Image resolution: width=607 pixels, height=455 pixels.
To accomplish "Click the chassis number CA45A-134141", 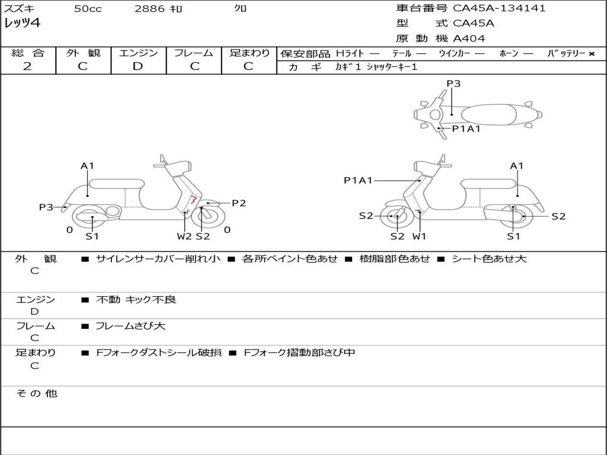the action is [499, 8].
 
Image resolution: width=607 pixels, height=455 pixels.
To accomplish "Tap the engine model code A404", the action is [469, 39].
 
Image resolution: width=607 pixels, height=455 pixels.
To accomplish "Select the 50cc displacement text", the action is [88, 9].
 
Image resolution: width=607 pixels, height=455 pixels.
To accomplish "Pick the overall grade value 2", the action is [27, 66].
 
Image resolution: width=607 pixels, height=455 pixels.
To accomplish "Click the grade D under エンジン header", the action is [138, 66].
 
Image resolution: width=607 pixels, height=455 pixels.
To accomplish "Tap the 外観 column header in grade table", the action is [83, 53].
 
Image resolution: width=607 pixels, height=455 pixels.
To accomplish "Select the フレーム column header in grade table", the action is [194, 53].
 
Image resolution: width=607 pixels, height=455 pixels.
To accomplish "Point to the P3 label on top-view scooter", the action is [453, 84].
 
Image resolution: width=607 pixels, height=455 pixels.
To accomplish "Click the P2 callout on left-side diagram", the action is [238, 203].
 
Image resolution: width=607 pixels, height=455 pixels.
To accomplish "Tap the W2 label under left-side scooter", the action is [184, 236].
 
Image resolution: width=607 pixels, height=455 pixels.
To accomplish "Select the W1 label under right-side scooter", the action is [420, 236].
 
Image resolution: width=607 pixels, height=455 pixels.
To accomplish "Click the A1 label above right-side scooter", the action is [517, 166].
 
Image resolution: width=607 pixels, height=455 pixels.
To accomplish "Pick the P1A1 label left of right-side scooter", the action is [358, 180].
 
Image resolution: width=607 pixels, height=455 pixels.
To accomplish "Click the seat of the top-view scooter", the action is [492, 114].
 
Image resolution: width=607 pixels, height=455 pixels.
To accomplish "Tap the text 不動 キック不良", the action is [136, 300].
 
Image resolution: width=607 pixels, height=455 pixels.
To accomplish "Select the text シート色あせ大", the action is [489, 259].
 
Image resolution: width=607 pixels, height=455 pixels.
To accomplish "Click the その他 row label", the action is [36, 393].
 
